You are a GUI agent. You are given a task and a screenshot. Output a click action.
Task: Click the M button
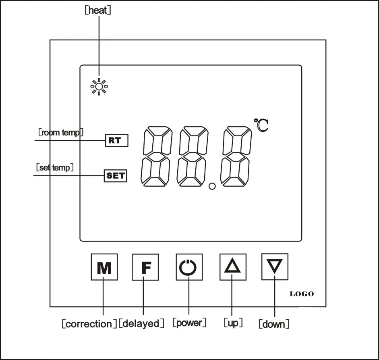pyautogui.click(x=104, y=267)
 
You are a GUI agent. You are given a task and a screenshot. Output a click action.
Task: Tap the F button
pyautogui.click(x=145, y=267)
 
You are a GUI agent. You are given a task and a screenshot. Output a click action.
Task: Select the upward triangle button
pyautogui.click(x=233, y=267)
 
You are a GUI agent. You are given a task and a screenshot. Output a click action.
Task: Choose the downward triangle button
pyautogui.click(x=275, y=266)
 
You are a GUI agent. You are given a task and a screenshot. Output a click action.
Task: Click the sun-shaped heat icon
pyautogui.click(x=99, y=87)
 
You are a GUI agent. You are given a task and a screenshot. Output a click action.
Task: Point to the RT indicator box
pyautogui.click(x=117, y=140)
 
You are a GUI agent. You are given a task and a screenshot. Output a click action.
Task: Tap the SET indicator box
pyautogui.click(x=116, y=176)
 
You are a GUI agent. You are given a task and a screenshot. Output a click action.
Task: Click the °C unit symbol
pyautogui.click(x=261, y=125)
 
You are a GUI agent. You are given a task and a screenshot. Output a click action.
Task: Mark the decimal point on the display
pyautogui.click(x=212, y=186)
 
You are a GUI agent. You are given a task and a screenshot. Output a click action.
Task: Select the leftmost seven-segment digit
pyautogui.click(x=157, y=156)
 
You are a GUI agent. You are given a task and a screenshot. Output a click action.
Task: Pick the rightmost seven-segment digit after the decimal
pyautogui.click(x=236, y=156)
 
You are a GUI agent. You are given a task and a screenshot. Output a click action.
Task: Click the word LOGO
pyautogui.click(x=302, y=294)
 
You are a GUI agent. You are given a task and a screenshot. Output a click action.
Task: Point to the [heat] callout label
pyautogui.click(x=98, y=10)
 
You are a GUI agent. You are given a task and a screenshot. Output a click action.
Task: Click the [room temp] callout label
pyautogui.click(x=61, y=132)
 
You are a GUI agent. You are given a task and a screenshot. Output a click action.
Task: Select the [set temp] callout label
pyautogui.click(x=55, y=167)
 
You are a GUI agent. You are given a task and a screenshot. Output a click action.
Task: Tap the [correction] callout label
pyautogui.click(x=89, y=324)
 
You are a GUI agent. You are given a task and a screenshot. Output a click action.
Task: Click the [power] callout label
pyautogui.click(x=189, y=323)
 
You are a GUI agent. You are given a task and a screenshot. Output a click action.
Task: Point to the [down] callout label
pyautogui.click(x=274, y=324)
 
